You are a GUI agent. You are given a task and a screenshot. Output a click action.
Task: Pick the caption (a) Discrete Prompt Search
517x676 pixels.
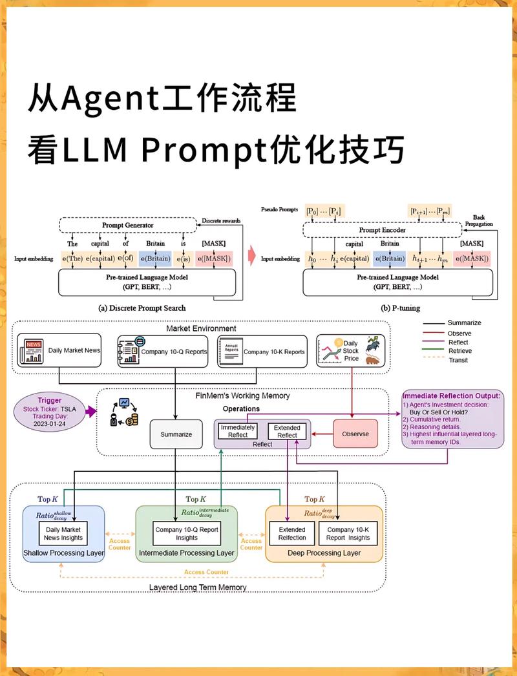[142, 308]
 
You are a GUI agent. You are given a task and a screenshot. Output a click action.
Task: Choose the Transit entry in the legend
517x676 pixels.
[458, 360]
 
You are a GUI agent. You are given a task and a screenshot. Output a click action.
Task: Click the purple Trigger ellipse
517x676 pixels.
[49, 411]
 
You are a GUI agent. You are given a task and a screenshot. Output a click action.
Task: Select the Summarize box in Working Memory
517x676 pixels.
[176, 434]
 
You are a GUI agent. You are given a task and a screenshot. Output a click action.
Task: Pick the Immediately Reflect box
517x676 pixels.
[238, 431]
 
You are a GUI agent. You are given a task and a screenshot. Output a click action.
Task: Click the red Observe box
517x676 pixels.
[355, 434]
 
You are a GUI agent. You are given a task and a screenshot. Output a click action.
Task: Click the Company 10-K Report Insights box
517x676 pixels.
[348, 534]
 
